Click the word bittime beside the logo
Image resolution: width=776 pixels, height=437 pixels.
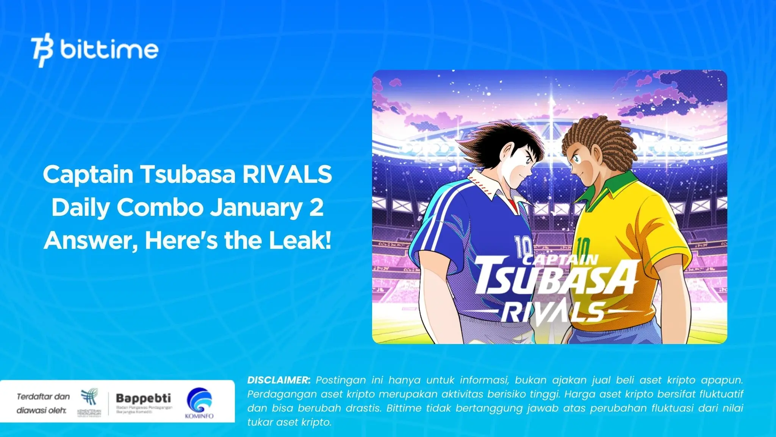(x=109, y=49)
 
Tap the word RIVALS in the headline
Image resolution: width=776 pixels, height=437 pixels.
(x=287, y=174)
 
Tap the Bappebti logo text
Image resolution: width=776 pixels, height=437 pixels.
(x=143, y=398)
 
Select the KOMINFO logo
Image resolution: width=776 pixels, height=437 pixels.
(x=199, y=403)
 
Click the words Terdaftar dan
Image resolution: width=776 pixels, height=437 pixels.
(x=43, y=397)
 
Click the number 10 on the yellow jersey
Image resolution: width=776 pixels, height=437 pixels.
(x=582, y=248)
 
